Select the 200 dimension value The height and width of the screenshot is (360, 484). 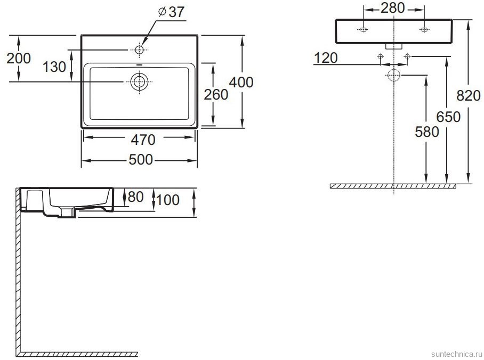[x=18, y=58]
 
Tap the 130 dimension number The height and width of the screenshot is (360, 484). [x=55, y=67]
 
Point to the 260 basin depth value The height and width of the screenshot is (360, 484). [x=216, y=94]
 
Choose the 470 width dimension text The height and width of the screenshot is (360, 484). [x=143, y=140]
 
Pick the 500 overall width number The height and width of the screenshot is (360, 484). [x=141, y=160]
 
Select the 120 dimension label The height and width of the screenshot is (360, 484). [x=325, y=58]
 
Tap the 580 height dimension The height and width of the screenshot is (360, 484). [x=427, y=132]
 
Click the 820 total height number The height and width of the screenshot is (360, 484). [x=469, y=95]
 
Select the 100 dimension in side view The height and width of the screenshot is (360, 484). [x=168, y=200]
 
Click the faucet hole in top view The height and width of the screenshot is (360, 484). [x=140, y=50]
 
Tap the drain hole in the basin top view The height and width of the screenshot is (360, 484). [x=139, y=81]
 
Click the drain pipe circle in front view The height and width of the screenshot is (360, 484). [x=394, y=75]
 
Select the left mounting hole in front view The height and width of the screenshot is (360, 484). [x=363, y=29]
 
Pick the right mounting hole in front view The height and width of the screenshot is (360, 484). [x=424, y=29]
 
